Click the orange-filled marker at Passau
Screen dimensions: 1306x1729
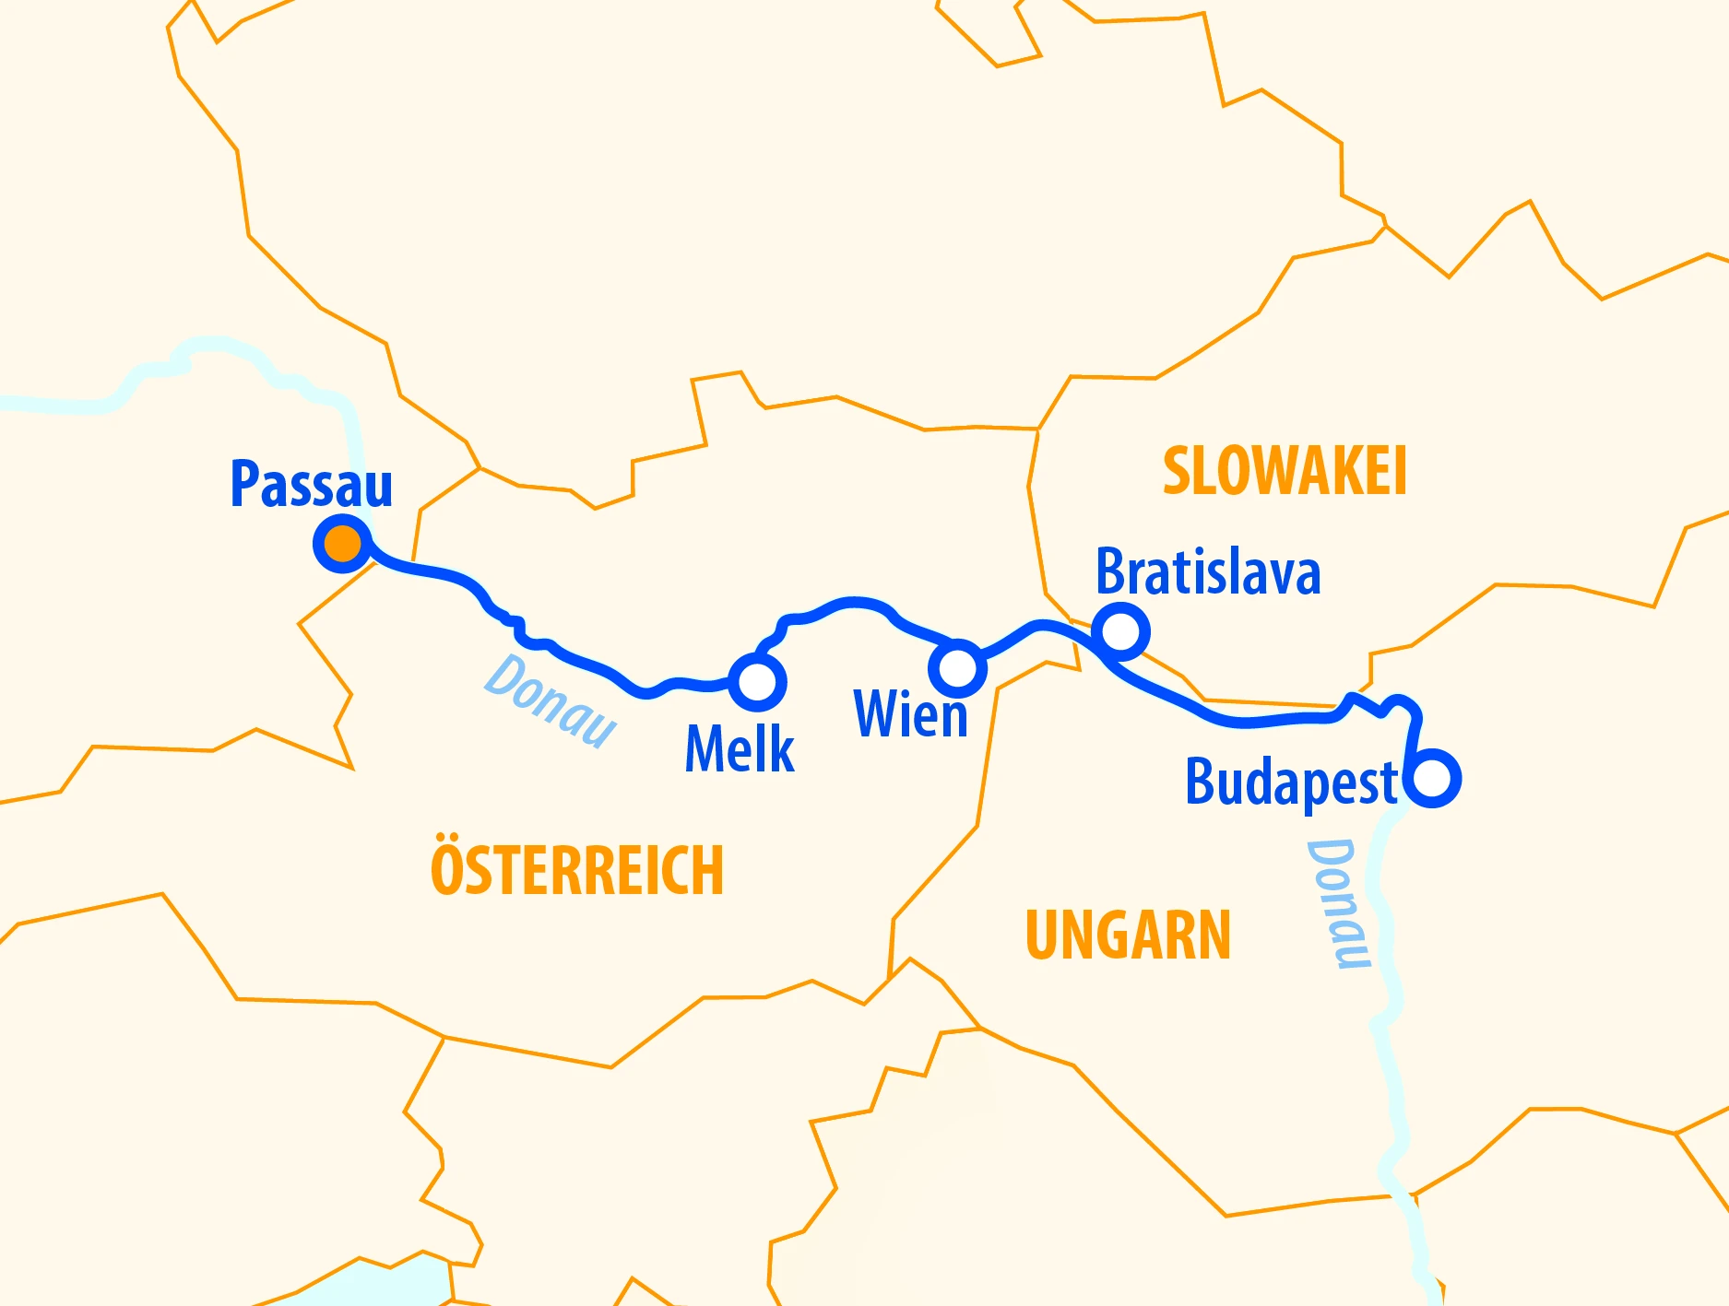point(343,543)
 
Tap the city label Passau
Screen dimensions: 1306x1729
point(311,484)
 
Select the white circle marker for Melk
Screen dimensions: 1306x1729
point(758,682)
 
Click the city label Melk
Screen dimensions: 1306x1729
point(740,748)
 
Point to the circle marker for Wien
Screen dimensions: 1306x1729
point(958,667)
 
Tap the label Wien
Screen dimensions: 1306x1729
point(911,714)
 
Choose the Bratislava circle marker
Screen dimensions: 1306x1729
point(1121,631)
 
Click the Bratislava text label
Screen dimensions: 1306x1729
point(1208,572)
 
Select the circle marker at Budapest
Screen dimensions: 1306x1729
point(1433,779)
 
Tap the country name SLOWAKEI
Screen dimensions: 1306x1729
point(1285,472)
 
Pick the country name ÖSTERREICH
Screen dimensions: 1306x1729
point(577,869)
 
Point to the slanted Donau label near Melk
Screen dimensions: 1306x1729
point(551,700)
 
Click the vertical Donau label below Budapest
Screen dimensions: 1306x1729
point(1338,903)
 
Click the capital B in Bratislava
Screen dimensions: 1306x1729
point(1112,572)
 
